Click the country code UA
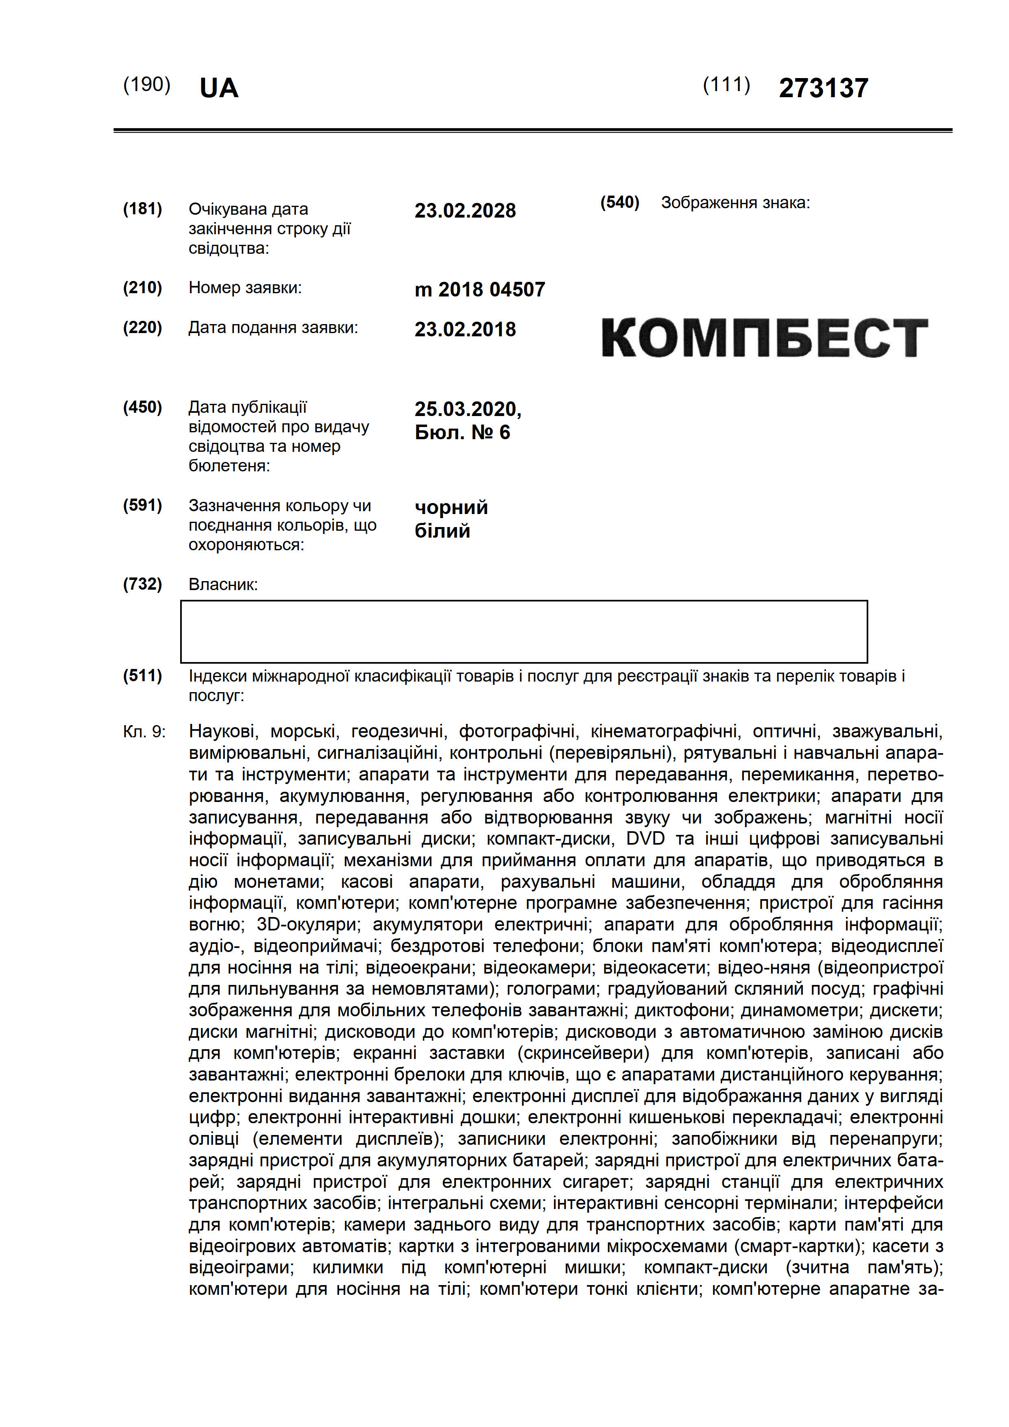click(219, 88)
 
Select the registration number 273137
click(823, 88)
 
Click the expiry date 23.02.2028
click(465, 211)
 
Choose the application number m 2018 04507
click(479, 290)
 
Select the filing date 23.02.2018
click(465, 329)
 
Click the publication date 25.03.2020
click(468, 409)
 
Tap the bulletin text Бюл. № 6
click(462, 433)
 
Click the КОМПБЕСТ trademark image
click(764, 338)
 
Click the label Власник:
click(222, 584)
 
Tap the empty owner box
click(523, 632)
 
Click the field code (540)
click(619, 203)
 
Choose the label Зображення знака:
click(735, 203)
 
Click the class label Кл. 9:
click(144, 732)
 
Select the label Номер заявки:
click(245, 288)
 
